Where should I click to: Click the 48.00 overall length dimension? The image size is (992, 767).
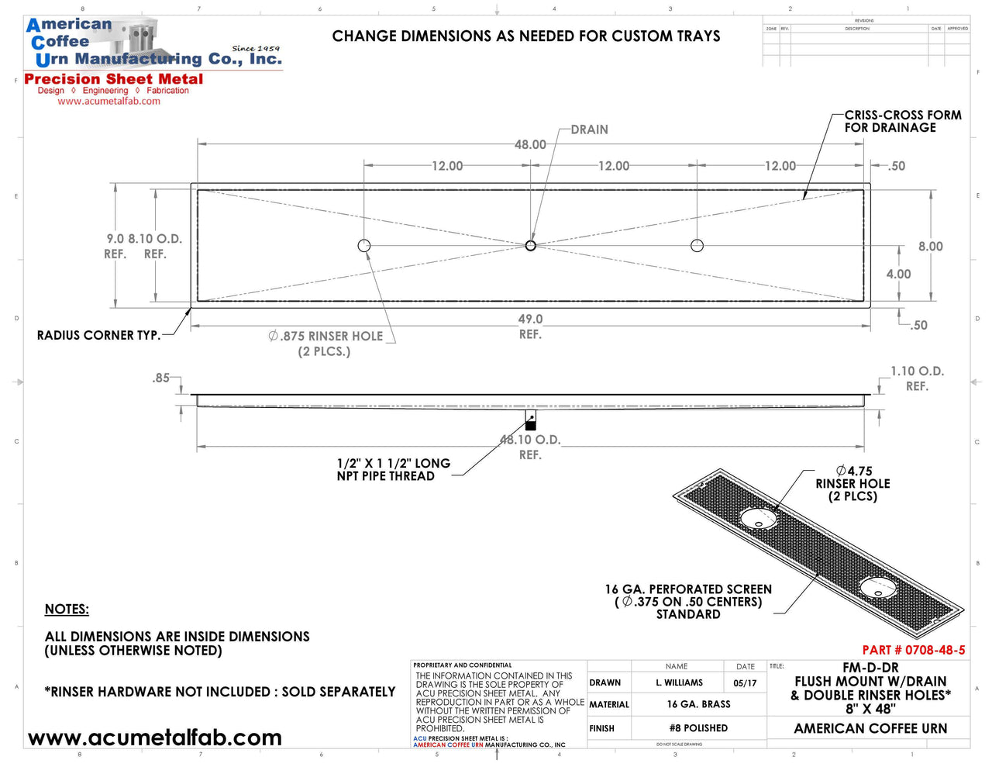tap(530, 144)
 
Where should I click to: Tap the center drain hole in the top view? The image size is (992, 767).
tap(531, 246)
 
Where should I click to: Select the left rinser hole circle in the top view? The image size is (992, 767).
tap(364, 246)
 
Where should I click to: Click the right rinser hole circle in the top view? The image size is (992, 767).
tap(697, 246)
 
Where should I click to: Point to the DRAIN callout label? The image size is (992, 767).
tap(589, 130)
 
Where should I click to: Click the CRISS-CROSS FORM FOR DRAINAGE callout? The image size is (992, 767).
tap(902, 121)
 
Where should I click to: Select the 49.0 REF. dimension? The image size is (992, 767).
tap(530, 326)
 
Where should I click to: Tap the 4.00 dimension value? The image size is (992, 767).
tap(898, 274)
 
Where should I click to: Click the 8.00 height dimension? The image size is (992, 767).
tap(930, 247)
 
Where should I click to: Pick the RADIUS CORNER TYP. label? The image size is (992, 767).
tap(98, 335)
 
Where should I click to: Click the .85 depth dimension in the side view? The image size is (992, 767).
tap(160, 378)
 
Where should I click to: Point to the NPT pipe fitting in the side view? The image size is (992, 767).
tap(531, 421)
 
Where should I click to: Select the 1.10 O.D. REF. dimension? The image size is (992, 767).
tap(917, 378)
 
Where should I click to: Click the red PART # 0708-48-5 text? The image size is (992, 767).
tap(913, 650)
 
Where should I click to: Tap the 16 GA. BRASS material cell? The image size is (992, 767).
tap(698, 704)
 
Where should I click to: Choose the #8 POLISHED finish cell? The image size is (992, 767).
tap(698, 728)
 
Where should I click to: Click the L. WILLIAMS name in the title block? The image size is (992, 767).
tap(679, 683)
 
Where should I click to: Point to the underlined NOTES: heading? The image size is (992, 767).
tap(67, 610)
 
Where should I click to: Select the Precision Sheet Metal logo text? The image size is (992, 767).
tap(114, 79)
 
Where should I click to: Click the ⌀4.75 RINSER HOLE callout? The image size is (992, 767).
tap(852, 483)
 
